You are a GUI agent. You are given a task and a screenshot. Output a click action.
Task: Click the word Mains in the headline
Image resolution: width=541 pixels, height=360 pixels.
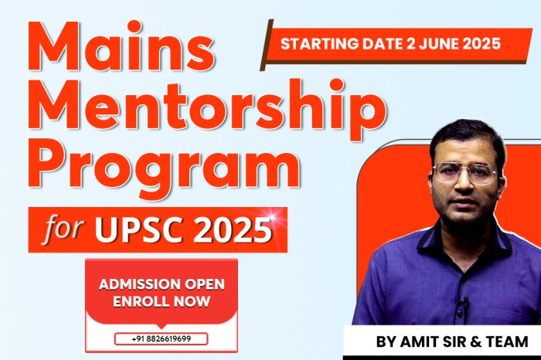pos(125,46)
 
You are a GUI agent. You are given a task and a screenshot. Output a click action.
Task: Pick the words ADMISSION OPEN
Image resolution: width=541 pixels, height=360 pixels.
pos(162,284)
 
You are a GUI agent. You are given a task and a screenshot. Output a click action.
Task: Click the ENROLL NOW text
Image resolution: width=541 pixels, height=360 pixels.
pos(162,301)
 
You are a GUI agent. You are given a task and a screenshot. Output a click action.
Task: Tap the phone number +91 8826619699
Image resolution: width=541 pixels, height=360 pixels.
pos(161,338)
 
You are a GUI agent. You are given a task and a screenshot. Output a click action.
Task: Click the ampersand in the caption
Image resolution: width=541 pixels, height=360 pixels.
pos(476,341)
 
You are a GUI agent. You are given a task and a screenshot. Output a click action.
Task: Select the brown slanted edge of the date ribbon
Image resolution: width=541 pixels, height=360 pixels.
pos(266,44)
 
